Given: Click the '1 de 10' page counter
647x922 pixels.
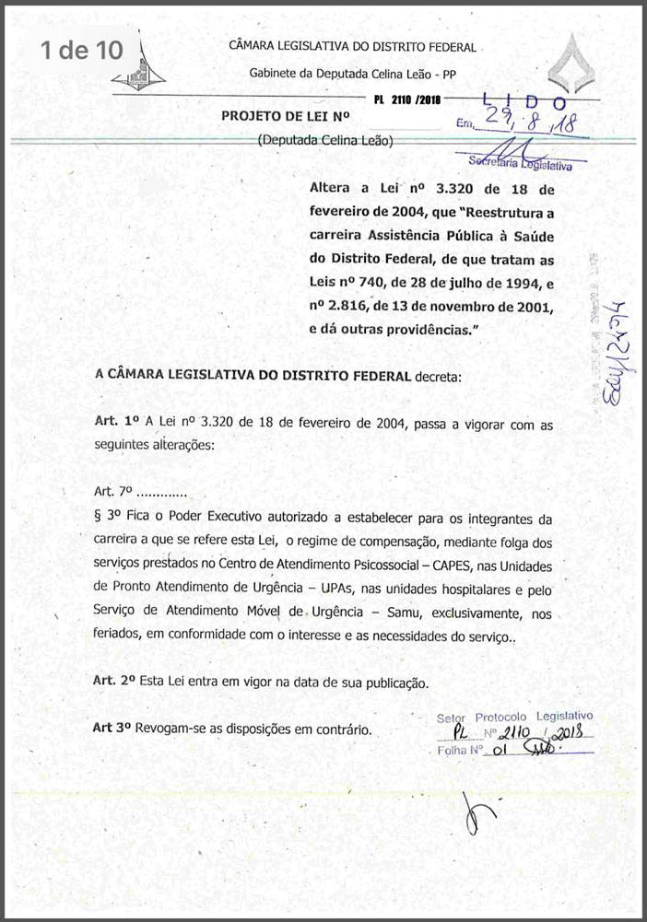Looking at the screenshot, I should pyautogui.click(x=80, y=51).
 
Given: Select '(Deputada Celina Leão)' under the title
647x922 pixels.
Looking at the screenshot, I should pyautogui.click(x=325, y=141).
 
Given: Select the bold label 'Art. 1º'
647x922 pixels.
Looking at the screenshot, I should pyautogui.click(x=116, y=419).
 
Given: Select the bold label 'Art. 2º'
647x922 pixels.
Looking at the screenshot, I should pyautogui.click(x=116, y=682).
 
